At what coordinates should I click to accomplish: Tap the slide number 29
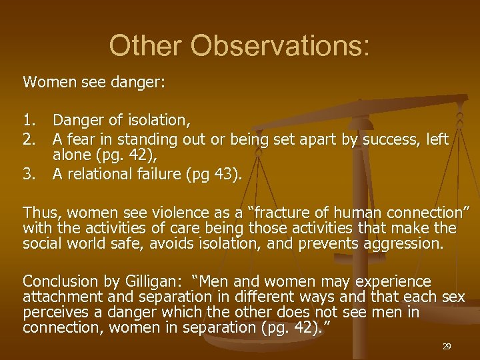click(447, 347)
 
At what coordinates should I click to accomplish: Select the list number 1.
click(30, 121)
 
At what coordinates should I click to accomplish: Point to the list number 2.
click(30, 139)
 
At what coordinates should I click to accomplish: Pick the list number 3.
click(30, 174)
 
